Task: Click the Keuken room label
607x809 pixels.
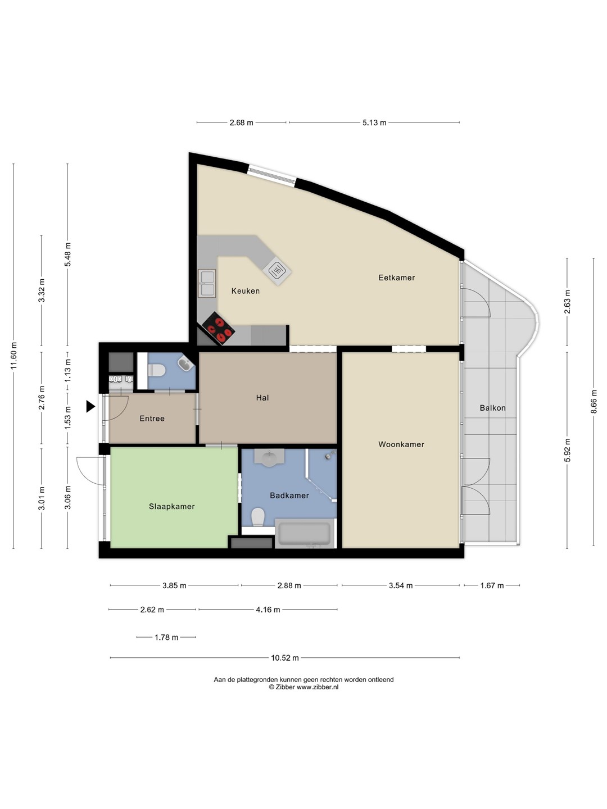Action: coord(246,291)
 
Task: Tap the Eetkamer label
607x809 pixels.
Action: coord(397,278)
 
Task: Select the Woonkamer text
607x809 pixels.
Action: coord(401,444)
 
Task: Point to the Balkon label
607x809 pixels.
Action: coord(493,408)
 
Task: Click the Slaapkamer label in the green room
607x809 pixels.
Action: coord(172,506)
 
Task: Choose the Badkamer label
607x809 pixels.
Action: coord(289,496)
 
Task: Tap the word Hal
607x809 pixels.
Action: coord(262,398)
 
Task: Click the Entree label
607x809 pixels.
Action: coord(152,419)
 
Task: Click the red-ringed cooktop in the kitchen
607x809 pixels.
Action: coord(219,329)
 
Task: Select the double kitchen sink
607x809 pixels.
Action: coord(207,283)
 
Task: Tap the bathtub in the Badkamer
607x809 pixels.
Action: coord(305,533)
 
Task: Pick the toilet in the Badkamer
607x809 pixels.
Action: coord(258,517)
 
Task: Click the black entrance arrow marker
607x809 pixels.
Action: coord(90,407)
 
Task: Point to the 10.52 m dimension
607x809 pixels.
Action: coord(285,657)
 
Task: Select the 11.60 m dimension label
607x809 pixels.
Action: coord(13,356)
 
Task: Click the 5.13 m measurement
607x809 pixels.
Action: coord(374,122)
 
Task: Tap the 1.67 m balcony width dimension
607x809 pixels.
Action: coord(492,585)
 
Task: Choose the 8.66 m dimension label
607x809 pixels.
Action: coord(594,402)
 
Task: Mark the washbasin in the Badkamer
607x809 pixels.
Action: coord(269,458)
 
